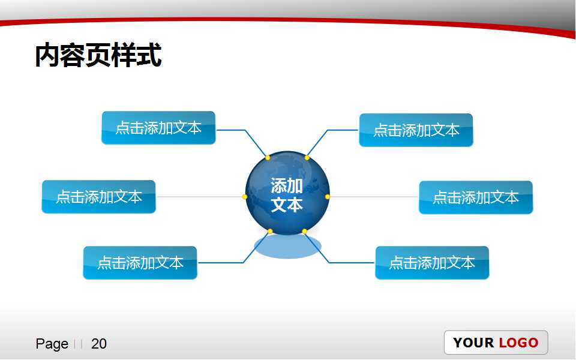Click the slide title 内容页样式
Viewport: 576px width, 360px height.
pyautogui.click(x=98, y=56)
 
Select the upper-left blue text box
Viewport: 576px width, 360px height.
pyautogui.click(x=158, y=128)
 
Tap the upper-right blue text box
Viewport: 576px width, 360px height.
pyautogui.click(x=416, y=130)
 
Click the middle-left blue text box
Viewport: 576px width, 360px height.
pyautogui.click(x=98, y=197)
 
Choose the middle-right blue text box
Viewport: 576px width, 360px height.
pyautogui.click(x=475, y=197)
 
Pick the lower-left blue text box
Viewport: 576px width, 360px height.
pyautogui.click(x=140, y=263)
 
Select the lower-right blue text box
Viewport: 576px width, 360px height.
pyautogui.click(x=432, y=263)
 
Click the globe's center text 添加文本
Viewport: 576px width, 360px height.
pyautogui.click(x=287, y=195)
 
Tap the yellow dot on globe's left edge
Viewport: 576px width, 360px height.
pyautogui.click(x=245, y=197)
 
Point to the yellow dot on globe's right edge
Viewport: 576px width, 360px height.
pyautogui.click(x=328, y=197)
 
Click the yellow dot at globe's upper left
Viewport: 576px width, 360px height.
pyautogui.click(x=268, y=158)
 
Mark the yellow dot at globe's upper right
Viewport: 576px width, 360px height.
pyautogui.click(x=307, y=158)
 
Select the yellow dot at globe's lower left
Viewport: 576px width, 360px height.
pyautogui.click(x=270, y=232)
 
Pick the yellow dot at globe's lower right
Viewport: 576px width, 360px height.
pyautogui.click(x=304, y=232)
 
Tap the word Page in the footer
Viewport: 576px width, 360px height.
pyautogui.click(x=52, y=344)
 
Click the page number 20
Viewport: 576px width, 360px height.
pyautogui.click(x=99, y=344)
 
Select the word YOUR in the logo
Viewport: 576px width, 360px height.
pyautogui.click(x=473, y=343)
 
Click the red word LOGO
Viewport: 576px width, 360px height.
pyautogui.click(x=518, y=343)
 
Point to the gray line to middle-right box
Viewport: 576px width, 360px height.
pyautogui.click(x=373, y=197)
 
